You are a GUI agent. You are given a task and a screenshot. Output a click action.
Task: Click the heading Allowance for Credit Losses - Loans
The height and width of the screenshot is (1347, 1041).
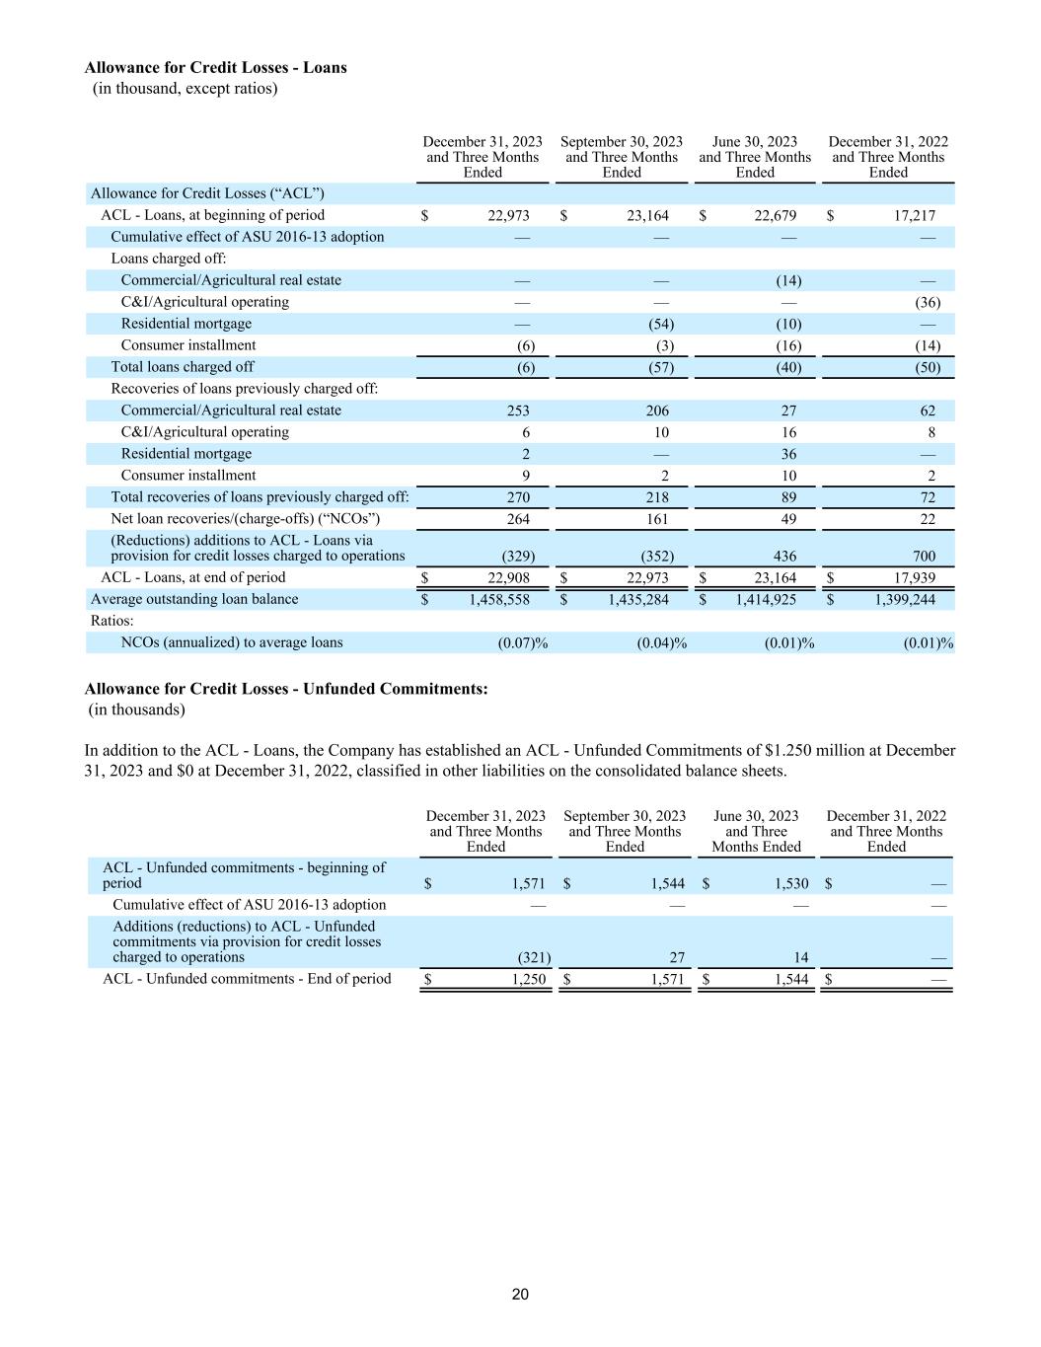tap(215, 68)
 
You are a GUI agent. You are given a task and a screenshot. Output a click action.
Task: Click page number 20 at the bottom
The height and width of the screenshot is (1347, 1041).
tap(520, 1295)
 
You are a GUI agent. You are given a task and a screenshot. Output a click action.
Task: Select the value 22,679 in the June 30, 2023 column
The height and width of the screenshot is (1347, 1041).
tap(776, 215)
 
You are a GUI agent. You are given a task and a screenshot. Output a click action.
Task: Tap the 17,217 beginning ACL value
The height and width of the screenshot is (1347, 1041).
tap(915, 215)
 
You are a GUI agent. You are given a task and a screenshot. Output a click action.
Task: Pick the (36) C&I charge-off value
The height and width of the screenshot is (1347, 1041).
tap(928, 302)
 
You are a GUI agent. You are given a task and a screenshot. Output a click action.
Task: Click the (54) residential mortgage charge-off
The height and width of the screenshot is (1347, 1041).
tap(660, 324)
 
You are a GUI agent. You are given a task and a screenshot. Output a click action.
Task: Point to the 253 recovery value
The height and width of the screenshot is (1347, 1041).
tap(517, 411)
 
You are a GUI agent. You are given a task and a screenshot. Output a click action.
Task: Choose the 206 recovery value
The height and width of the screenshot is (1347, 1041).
tap(656, 411)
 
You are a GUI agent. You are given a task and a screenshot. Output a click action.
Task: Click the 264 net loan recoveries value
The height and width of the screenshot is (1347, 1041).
tap(517, 519)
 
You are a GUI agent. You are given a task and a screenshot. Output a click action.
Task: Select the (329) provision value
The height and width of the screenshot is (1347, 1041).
tap(519, 556)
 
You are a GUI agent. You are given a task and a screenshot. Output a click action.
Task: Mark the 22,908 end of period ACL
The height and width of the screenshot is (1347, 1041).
tap(509, 578)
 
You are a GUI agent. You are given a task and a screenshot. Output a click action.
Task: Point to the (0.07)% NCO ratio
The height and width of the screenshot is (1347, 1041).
tap(522, 643)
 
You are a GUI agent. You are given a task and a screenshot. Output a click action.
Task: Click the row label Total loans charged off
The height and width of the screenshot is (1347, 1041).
tap(182, 367)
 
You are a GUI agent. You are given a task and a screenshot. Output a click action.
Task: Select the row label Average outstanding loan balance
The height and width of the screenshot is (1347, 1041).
tap(193, 599)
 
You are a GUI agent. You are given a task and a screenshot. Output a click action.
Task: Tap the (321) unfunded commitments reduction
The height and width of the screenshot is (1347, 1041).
tap(534, 957)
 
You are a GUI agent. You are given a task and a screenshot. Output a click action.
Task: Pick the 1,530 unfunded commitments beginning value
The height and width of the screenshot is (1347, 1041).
tap(791, 884)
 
